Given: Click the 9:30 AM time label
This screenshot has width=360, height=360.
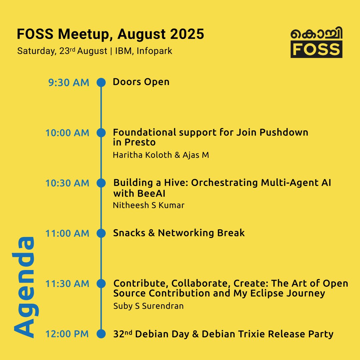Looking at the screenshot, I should point(69,82).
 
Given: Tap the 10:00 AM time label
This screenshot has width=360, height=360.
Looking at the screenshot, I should point(67,133).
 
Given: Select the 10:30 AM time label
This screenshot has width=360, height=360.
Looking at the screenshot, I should point(67,183).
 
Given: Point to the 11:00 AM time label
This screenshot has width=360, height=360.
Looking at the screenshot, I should point(67,234).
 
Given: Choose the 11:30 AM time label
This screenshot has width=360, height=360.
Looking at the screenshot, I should point(67,284).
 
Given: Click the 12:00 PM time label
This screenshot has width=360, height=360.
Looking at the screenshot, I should point(67,334).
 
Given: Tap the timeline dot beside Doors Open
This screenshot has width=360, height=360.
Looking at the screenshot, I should point(101,82).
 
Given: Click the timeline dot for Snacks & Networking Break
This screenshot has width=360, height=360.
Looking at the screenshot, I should point(101,233).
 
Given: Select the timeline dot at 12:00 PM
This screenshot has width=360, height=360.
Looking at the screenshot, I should point(101,334).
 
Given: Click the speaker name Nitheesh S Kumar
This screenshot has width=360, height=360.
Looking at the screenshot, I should point(149,205).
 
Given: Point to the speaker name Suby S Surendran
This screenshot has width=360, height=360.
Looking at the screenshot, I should point(148,306).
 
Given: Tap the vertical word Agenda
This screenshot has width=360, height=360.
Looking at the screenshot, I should point(24,287).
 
